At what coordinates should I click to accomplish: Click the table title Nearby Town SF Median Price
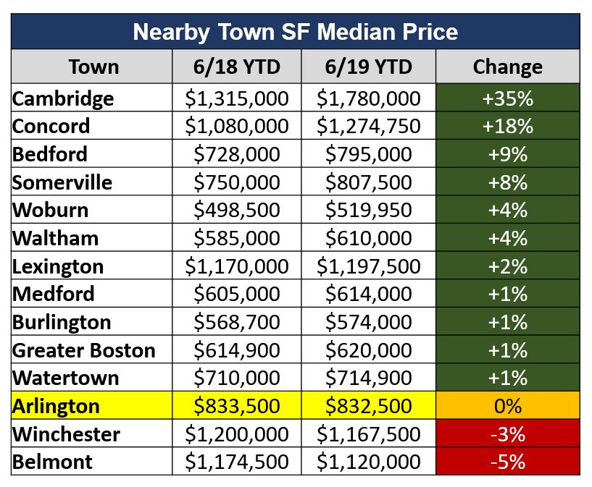pos(296,32)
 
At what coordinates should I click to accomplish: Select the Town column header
pos(93,67)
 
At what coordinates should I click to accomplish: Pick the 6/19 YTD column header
pos(369,67)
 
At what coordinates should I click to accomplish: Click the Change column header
pos(507,67)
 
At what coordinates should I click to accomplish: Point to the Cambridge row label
pos(63,98)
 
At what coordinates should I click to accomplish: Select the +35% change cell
pos(507,98)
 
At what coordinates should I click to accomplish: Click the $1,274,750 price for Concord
pos(369,126)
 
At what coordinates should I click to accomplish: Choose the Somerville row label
pos(62,182)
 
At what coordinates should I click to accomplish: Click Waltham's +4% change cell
pos(507,238)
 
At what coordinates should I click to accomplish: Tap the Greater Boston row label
pos(84,350)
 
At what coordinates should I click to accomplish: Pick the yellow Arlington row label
pos(56,406)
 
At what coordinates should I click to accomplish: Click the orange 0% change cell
pos(507,406)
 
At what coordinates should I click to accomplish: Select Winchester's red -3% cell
pos(507,434)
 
